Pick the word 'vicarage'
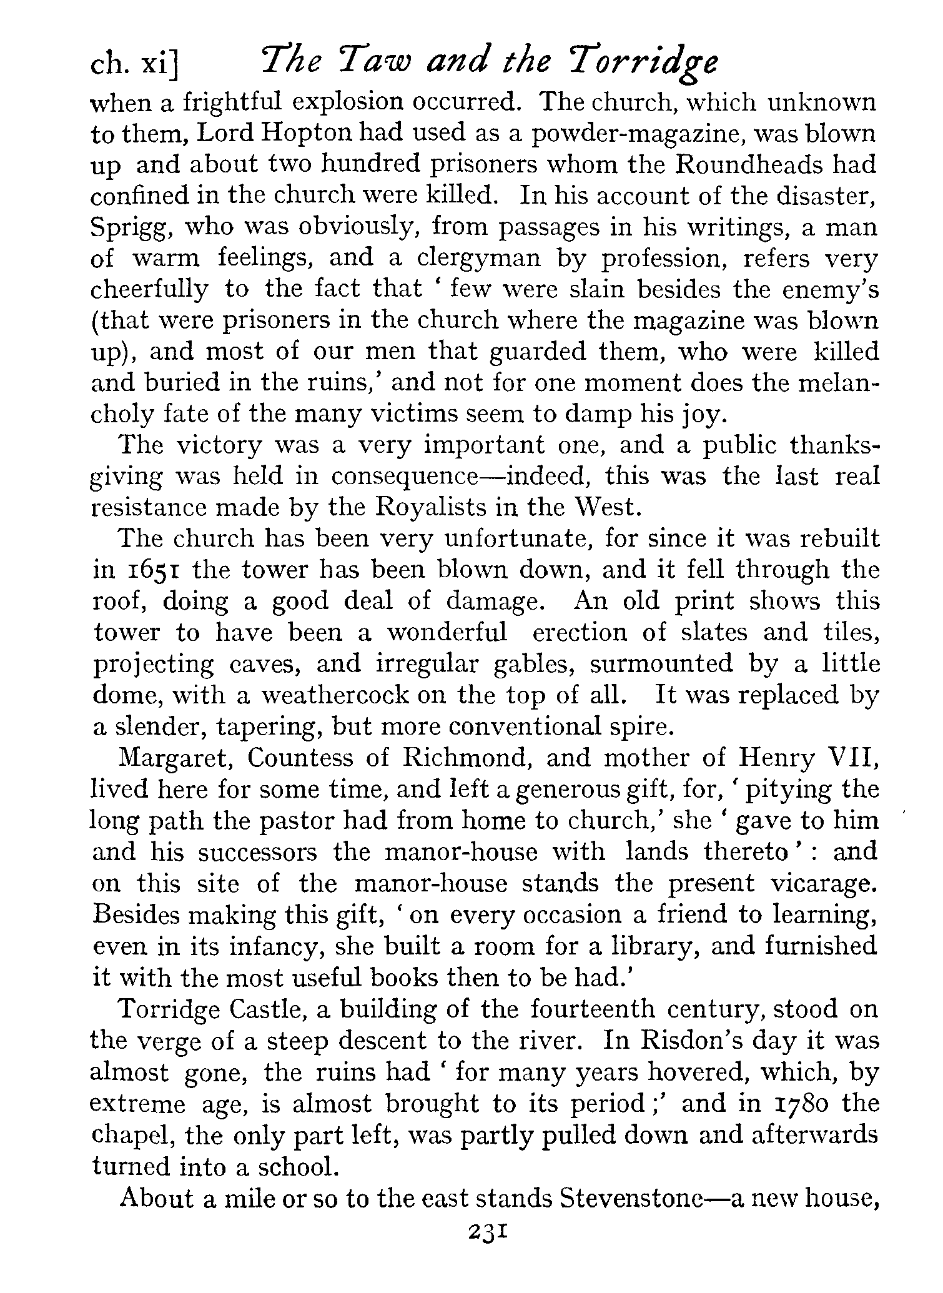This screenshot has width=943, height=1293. [824, 884]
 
